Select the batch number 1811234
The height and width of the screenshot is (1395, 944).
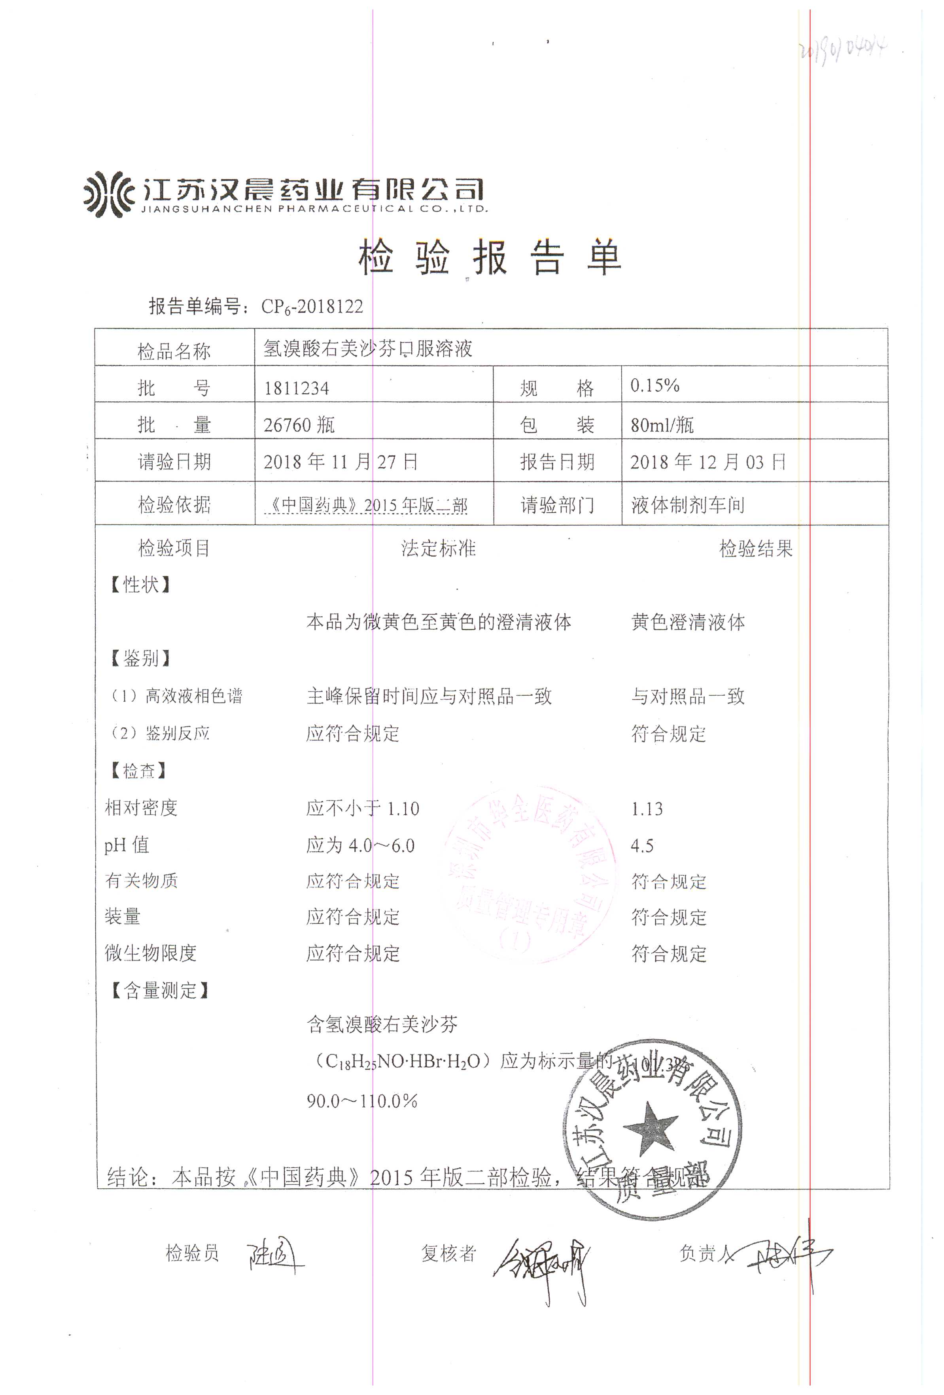(x=296, y=388)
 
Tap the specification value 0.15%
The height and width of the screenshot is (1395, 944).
(x=655, y=385)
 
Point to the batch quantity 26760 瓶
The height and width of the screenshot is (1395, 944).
(x=299, y=425)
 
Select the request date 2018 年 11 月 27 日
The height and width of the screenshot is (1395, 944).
(x=341, y=462)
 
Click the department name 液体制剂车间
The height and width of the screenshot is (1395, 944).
(x=688, y=505)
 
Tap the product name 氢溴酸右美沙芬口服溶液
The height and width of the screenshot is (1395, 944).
(x=367, y=349)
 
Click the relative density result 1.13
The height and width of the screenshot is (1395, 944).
(x=647, y=808)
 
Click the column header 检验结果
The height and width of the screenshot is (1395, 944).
(x=755, y=548)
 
